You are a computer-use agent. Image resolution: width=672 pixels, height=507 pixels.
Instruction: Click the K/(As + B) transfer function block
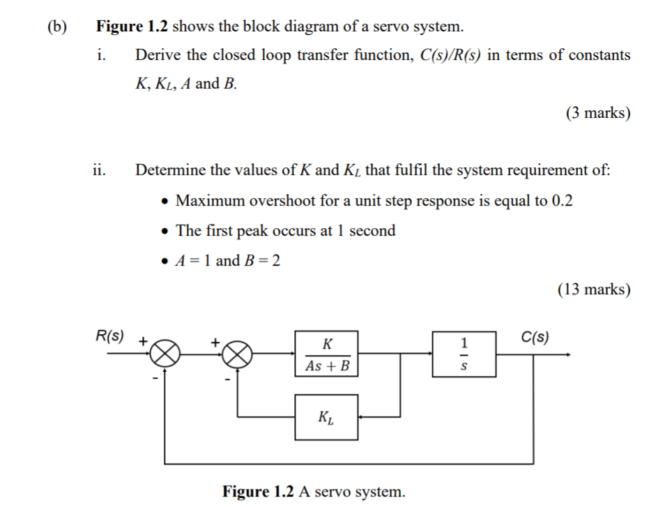click(326, 354)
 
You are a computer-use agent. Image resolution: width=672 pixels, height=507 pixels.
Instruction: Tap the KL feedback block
click(326, 417)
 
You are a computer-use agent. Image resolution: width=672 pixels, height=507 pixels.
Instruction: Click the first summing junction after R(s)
click(165, 354)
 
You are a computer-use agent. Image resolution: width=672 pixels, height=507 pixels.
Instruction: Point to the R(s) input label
click(109, 337)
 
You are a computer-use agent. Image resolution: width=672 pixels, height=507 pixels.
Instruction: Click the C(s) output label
click(535, 337)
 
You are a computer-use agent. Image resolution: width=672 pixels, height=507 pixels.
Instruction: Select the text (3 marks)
click(598, 113)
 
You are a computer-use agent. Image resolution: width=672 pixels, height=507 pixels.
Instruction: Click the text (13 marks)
click(595, 289)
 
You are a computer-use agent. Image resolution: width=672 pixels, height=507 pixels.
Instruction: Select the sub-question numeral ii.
click(100, 169)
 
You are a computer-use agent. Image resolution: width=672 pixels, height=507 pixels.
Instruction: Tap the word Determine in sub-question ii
click(170, 170)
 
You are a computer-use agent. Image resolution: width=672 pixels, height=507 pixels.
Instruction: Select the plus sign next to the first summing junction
click(142, 342)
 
